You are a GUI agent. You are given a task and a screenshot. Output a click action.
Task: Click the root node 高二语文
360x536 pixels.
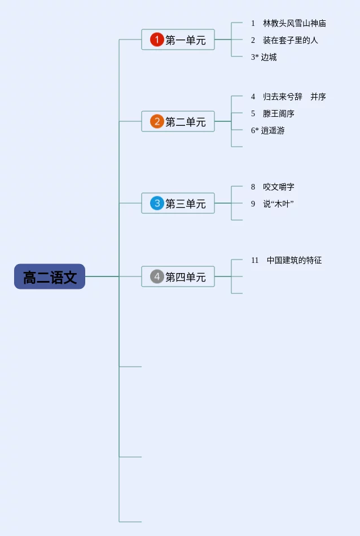[x=50, y=276]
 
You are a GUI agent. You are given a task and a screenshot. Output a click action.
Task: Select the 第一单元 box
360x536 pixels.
[x=178, y=39]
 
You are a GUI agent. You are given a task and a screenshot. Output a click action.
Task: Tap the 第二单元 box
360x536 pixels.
[x=178, y=121]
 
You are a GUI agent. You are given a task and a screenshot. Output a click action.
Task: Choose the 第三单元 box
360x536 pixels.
[x=178, y=203]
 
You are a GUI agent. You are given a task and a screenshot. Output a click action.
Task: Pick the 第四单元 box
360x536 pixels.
[x=178, y=276]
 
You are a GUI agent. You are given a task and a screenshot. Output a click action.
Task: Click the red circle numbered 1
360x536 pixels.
[x=157, y=39]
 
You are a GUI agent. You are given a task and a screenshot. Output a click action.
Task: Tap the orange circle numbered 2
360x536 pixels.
[x=157, y=121]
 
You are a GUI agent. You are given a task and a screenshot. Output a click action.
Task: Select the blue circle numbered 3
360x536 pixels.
[x=157, y=203]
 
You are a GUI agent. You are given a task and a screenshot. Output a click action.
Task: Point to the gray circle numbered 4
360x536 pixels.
[x=157, y=276]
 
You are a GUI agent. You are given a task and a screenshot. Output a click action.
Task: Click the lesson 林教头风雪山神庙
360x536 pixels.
[x=295, y=23]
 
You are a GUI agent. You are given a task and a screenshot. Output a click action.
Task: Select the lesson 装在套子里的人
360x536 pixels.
[x=290, y=40]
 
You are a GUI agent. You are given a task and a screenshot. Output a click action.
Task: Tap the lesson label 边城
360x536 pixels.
[x=269, y=57]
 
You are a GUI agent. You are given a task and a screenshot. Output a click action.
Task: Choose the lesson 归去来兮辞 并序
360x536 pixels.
[x=295, y=96]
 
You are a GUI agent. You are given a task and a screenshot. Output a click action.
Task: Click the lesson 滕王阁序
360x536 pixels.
[x=279, y=113]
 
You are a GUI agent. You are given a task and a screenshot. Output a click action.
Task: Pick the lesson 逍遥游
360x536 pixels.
[x=273, y=130]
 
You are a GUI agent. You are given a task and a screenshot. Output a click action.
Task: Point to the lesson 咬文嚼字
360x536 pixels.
[x=279, y=187]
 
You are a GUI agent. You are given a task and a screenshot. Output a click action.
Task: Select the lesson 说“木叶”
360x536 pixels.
[x=278, y=204]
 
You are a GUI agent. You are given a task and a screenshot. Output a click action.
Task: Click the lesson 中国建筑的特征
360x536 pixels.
[x=295, y=260]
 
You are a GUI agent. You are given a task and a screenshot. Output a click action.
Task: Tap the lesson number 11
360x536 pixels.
[x=254, y=260]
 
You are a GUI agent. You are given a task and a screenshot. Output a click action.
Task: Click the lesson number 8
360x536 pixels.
[x=253, y=187]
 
